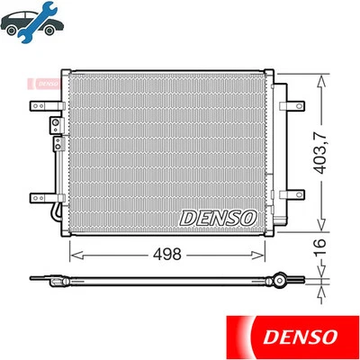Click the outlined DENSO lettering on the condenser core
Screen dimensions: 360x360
pos(218,217)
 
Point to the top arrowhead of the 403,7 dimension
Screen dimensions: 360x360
pos(321,71)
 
